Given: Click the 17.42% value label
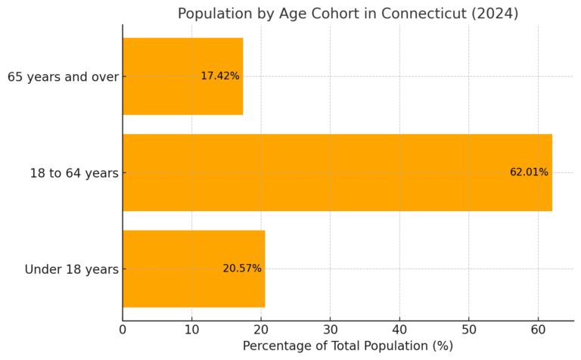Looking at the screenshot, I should click(219, 76).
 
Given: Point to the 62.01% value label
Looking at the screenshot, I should click(529, 172).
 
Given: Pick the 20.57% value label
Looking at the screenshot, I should click(241, 268).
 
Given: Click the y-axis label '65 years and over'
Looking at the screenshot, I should click(63, 77).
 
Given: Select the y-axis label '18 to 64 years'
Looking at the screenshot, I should click(74, 173).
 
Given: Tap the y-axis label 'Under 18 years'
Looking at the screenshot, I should click(71, 269).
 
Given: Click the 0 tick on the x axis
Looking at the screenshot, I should click(123, 329).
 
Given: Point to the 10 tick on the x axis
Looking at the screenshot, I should click(191, 329).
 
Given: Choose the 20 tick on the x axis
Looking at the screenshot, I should click(261, 329).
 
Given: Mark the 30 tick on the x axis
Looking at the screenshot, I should click(330, 329).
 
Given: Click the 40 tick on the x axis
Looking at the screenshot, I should click(399, 329).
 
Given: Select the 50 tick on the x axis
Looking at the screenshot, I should click(468, 329).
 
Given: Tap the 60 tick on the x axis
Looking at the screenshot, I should click(538, 329).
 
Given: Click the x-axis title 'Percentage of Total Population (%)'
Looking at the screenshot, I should click(347, 346).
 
